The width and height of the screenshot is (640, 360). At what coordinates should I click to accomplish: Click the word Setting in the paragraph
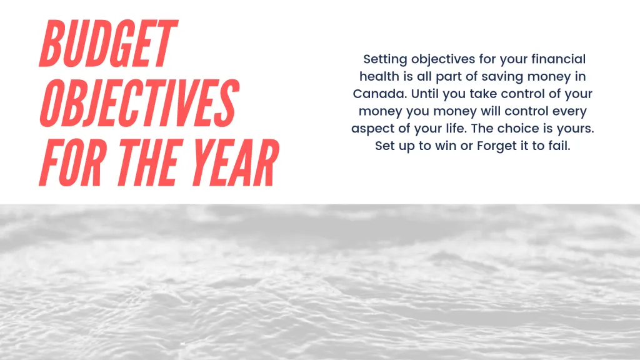(384, 59)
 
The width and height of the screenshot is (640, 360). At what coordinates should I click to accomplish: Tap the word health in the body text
(377, 77)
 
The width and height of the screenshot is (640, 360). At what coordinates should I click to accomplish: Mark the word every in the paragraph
(567, 112)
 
